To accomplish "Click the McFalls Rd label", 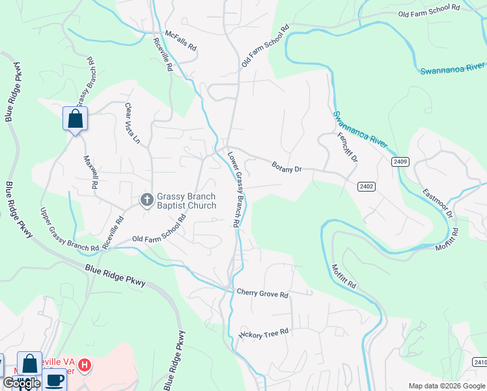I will [180, 40].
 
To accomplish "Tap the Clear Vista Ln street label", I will [132, 123].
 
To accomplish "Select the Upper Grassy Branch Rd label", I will [69, 230].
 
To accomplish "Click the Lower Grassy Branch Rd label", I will [233, 189].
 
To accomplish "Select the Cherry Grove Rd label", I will [262, 294].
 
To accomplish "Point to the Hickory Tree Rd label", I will [264, 334].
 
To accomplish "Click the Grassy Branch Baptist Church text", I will [186, 201].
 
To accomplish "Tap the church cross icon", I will [147, 199].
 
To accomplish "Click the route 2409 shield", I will [400, 161].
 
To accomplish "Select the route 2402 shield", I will [367, 186].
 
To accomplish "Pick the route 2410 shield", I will [480, 362].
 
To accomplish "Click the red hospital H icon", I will [85, 365].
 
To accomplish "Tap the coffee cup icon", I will [55, 380].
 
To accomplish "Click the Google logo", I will [21, 383].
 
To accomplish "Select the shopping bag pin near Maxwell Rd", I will [75, 119].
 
